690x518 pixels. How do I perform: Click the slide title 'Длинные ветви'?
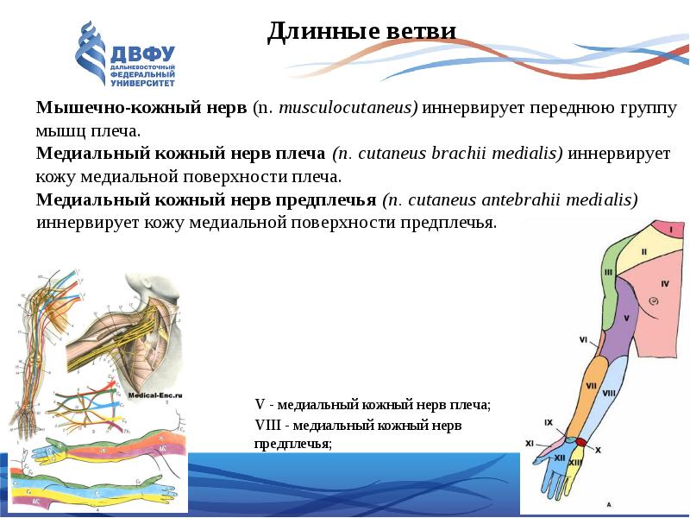pyautogui.click(x=361, y=32)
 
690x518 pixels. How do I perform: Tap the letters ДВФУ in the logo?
pyautogui.click(x=142, y=54)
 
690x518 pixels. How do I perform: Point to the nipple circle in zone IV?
pyautogui.click(x=654, y=300)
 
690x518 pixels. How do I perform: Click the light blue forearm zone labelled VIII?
pyautogui.click(x=608, y=393)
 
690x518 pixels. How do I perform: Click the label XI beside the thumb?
pyautogui.click(x=530, y=443)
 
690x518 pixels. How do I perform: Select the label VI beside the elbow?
pyautogui.click(x=584, y=339)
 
